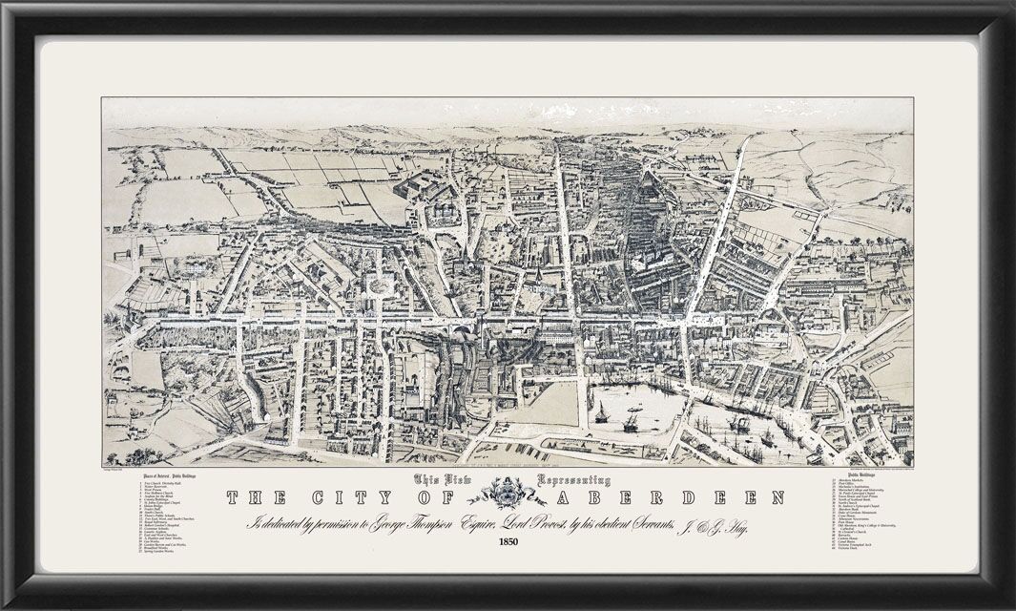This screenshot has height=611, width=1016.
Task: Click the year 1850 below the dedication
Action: [x=508, y=544]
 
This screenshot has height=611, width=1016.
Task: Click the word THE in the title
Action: [x=257, y=497]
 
